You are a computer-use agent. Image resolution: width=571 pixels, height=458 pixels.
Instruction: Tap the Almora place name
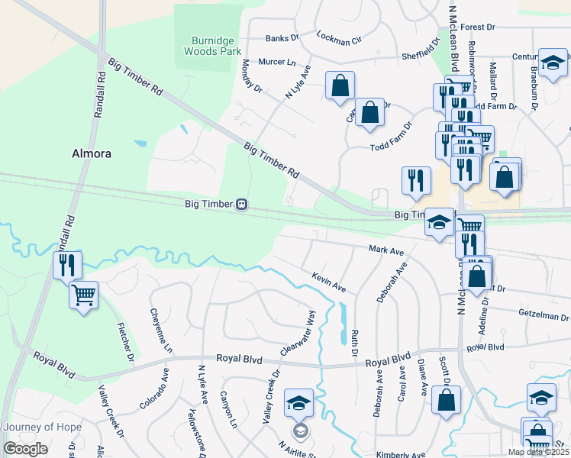[x=92, y=153]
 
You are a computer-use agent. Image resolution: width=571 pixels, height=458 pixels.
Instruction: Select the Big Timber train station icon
[x=241, y=204]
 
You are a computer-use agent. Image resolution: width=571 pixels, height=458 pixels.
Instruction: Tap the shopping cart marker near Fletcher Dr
[x=83, y=294]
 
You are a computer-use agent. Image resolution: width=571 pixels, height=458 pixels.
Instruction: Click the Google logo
[x=26, y=449]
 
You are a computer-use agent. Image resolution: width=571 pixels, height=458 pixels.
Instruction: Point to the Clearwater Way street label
[x=298, y=333]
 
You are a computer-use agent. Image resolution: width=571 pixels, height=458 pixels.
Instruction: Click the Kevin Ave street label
[x=329, y=282]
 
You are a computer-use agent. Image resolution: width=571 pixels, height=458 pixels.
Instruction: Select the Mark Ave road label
[x=386, y=250]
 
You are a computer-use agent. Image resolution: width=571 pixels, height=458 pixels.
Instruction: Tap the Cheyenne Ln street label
[x=161, y=331]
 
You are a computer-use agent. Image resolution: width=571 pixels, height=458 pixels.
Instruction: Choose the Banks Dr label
[x=281, y=38]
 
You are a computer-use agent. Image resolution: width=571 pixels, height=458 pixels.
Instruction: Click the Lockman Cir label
[x=338, y=40]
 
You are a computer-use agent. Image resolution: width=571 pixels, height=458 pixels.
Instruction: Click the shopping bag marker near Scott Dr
[x=446, y=399]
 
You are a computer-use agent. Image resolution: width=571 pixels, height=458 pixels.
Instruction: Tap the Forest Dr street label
[x=478, y=27]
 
